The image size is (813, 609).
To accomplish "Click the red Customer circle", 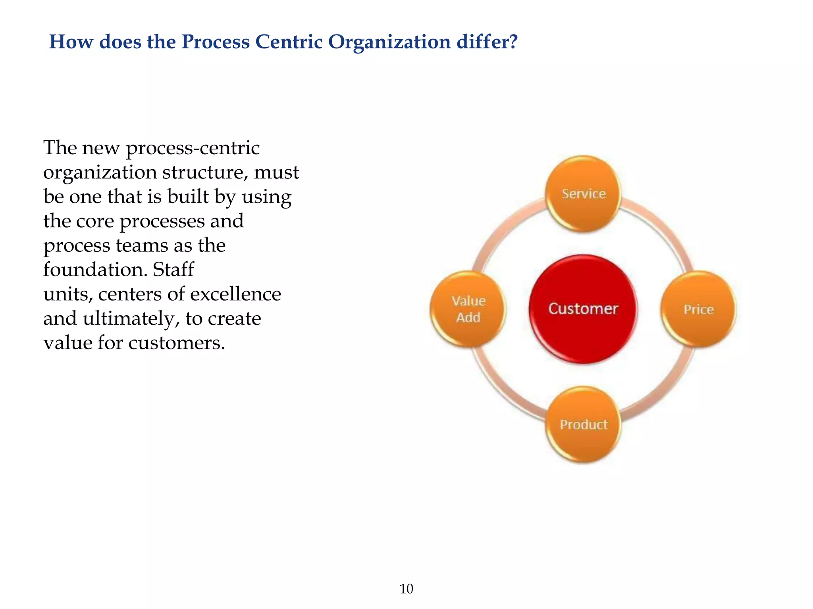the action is click(583, 309).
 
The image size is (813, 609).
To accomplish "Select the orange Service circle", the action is click(583, 193).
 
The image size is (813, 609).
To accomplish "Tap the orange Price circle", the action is click(698, 309).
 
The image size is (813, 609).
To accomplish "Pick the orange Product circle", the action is click(583, 424).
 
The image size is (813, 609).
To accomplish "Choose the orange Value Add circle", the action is click(468, 309).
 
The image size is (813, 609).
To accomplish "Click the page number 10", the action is click(406, 589).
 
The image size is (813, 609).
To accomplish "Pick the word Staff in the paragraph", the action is click(173, 270).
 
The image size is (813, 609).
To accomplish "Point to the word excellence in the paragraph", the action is click(235, 294).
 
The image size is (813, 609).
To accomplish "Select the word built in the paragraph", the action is click(188, 197).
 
